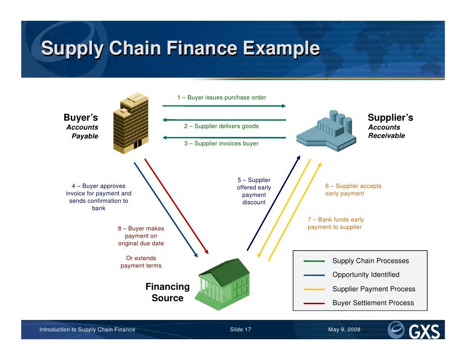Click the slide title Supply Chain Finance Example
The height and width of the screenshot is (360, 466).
180,49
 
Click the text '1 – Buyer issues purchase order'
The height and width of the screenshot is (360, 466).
222,97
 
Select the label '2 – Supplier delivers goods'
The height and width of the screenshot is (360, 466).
221,126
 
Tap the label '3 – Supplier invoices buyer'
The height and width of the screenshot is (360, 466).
221,143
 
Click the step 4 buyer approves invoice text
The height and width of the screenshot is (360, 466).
98,197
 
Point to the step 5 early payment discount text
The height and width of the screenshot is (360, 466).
254,191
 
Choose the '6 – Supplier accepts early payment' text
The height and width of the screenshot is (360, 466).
353,190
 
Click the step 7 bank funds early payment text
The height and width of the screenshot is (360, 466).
335,224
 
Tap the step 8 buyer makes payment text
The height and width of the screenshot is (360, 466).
140,236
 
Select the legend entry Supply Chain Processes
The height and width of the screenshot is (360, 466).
371,261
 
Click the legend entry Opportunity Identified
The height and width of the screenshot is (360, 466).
366,274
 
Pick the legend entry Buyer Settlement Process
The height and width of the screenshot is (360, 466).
373,303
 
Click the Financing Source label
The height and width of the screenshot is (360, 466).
167,292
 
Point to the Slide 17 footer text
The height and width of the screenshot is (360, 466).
240,330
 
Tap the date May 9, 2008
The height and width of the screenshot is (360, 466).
344,330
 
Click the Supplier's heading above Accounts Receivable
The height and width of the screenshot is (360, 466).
390,118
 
